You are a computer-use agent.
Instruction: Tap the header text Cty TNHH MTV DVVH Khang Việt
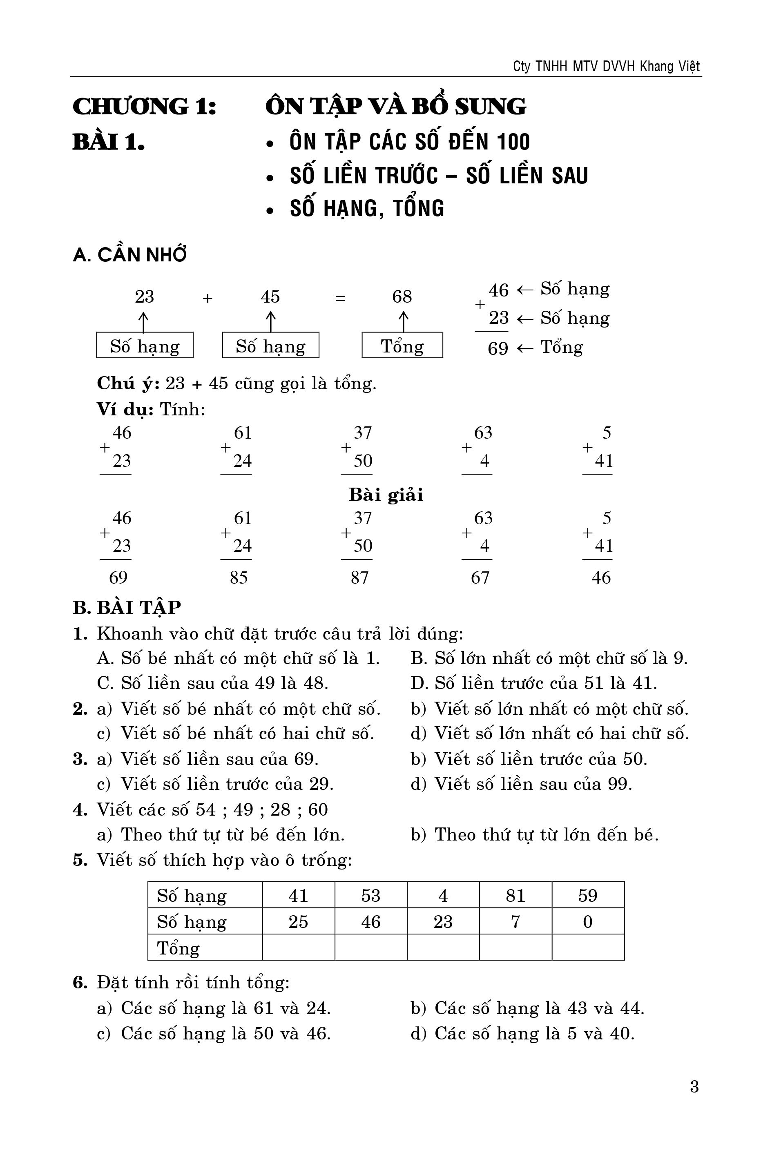tap(606, 67)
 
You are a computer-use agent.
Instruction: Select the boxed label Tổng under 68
tap(402, 346)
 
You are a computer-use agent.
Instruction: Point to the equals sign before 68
tap(340, 298)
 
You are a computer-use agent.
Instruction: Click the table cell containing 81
tap(515, 895)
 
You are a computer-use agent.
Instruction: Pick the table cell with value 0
tap(588, 921)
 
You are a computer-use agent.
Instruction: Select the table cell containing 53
tap(371, 895)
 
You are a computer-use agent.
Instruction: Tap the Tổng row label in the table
tap(178, 948)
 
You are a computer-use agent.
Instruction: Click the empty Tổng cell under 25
tap(298, 948)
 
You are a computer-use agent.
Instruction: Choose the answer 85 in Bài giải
tap(239, 578)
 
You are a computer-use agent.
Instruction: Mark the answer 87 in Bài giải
tap(359, 578)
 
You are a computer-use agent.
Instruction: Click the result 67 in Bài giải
tap(480, 578)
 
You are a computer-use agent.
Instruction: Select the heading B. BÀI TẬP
tap(127, 608)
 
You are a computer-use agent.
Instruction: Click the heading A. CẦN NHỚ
tap(129, 255)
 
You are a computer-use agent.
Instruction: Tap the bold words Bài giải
tap(386, 495)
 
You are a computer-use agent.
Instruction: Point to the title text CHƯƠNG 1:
tap(145, 106)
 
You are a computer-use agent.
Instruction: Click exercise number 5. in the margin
tap(80, 860)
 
